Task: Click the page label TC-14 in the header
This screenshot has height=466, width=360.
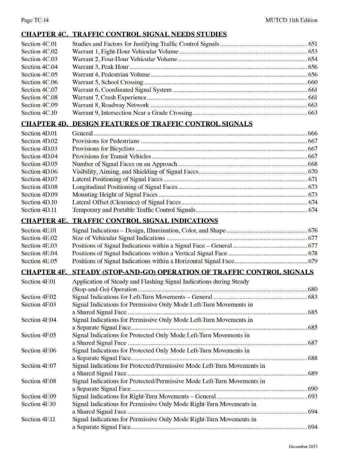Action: pyautogui.click(x=35, y=20)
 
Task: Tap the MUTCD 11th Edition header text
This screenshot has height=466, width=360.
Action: pyautogui.click(x=291, y=20)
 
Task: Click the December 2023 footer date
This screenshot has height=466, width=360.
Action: pyautogui.click(x=303, y=447)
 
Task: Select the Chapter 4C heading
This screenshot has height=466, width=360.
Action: pyautogui.click(x=124, y=34)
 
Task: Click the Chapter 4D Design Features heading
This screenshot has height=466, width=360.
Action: pyautogui.click(x=137, y=124)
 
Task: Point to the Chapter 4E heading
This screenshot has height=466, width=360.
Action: pyautogui.click(x=119, y=220)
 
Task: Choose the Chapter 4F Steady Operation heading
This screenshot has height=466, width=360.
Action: pyautogui.click(x=167, y=272)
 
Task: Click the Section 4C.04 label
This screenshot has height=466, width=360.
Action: pyautogui.click(x=39, y=67)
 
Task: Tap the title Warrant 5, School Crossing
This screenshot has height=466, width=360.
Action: pyautogui.click(x=108, y=82)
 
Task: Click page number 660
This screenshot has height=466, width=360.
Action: pyautogui.click(x=313, y=82)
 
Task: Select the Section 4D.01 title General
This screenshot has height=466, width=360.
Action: pyautogui.click(x=82, y=133)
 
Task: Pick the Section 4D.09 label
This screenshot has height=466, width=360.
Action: pyautogui.click(x=39, y=194)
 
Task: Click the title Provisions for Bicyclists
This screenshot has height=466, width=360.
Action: pyautogui.click(x=103, y=149)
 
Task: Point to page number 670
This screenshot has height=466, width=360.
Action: pyautogui.click(x=313, y=171)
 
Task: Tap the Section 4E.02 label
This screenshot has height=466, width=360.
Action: pyautogui.click(x=39, y=238)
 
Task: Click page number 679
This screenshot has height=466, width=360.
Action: pyautogui.click(x=313, y=261)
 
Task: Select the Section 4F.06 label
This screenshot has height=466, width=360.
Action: pyautogui.click(x=39, y=350)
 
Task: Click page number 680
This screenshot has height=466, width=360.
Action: pyautogui.click(x=313, y=289)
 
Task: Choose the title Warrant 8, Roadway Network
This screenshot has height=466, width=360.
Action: pyautogui.click(x=110, y=105)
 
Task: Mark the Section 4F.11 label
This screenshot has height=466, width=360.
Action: pyautogui.click(x=38, y=419)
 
